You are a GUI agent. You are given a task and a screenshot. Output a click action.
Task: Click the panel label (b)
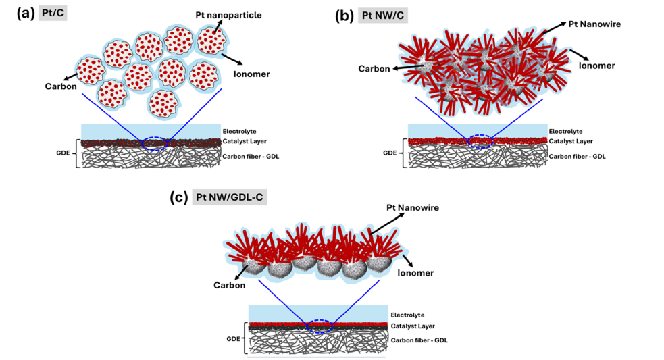[344, 14]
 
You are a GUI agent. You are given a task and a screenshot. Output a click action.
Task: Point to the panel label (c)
[179, 198]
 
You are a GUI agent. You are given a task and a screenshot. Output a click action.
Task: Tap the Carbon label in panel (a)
[59, 86]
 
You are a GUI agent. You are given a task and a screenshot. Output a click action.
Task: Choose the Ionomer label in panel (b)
[597, 66]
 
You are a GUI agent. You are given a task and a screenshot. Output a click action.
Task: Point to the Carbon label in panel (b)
[373, 69]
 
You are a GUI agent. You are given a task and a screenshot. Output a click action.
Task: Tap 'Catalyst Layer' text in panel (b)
[571, 141]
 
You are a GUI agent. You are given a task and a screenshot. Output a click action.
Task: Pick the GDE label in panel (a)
[63, 153]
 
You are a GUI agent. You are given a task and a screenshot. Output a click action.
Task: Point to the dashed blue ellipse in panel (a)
[155, 143]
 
